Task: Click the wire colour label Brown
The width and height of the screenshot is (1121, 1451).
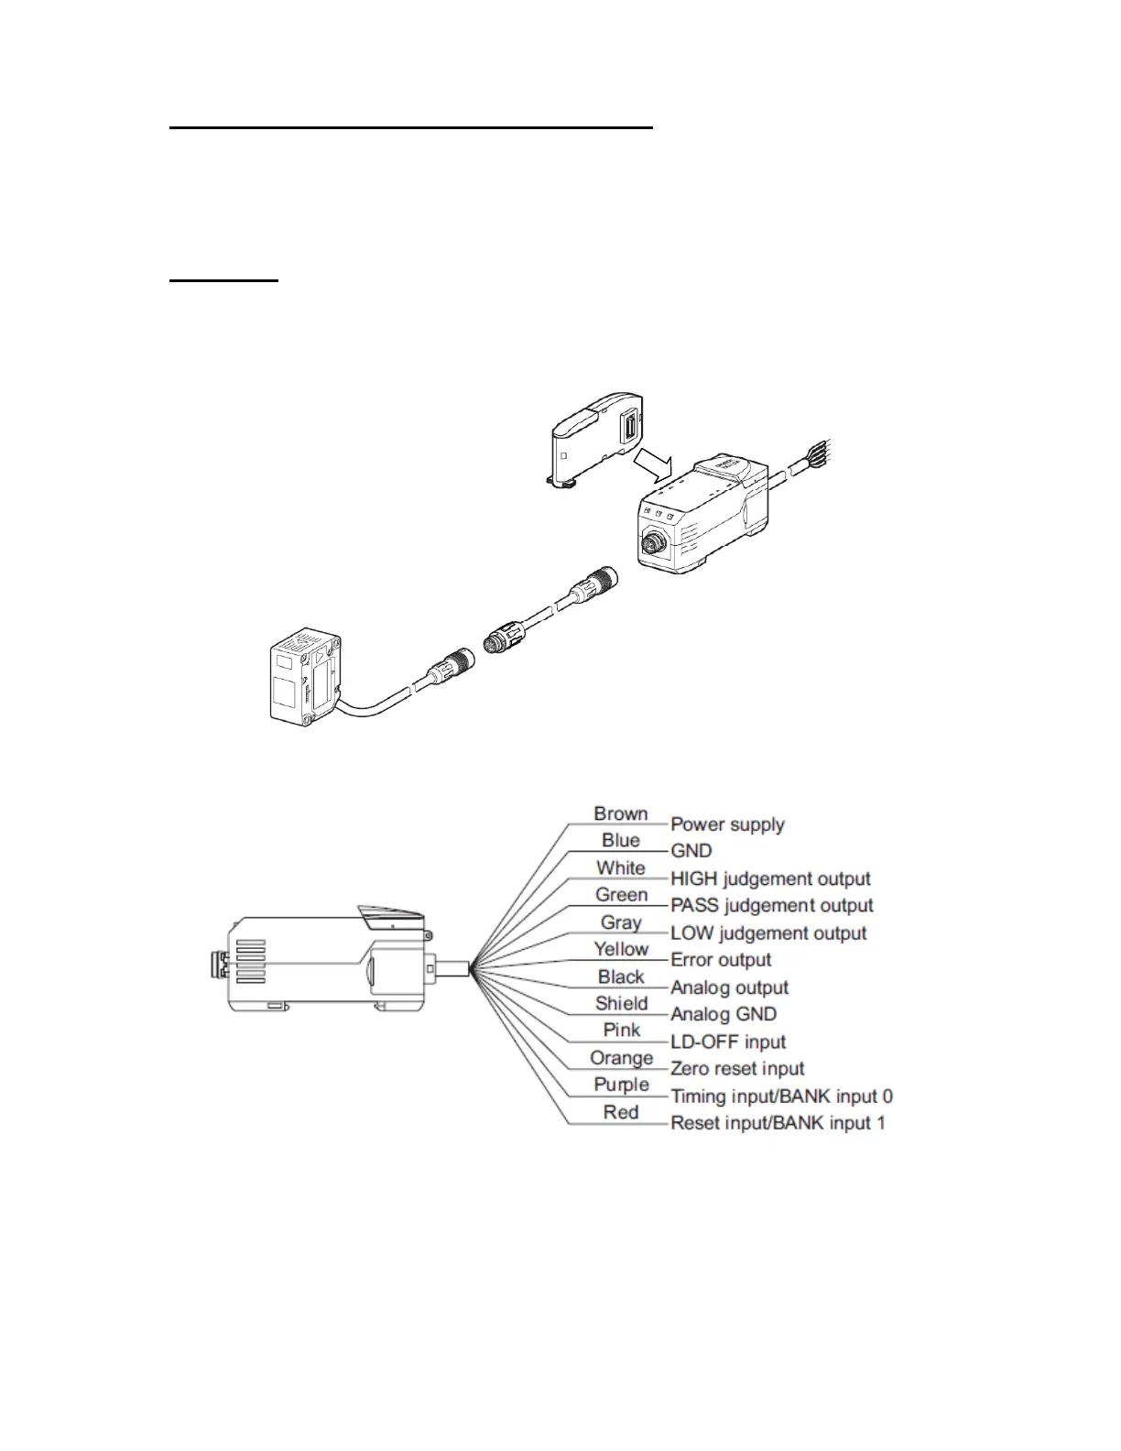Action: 620,813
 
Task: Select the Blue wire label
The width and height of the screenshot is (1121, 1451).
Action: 620,840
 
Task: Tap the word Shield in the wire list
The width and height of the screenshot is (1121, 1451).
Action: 621,1003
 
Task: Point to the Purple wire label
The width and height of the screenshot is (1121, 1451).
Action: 621,1085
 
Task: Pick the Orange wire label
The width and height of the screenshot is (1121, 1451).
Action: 621,1058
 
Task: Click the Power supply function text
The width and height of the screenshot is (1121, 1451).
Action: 727,824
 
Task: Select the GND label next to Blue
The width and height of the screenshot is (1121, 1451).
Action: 691,851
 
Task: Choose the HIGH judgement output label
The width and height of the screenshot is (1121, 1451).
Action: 770,878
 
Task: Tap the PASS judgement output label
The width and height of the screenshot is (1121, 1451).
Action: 771,906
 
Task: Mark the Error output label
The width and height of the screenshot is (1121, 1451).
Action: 721,960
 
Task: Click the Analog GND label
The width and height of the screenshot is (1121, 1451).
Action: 724,1014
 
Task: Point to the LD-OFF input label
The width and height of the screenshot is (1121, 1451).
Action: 728,1042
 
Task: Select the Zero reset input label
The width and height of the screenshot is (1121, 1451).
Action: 737,1069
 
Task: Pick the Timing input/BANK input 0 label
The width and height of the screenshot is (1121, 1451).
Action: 781,1096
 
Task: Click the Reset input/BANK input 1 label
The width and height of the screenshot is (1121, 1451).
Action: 778,1123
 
